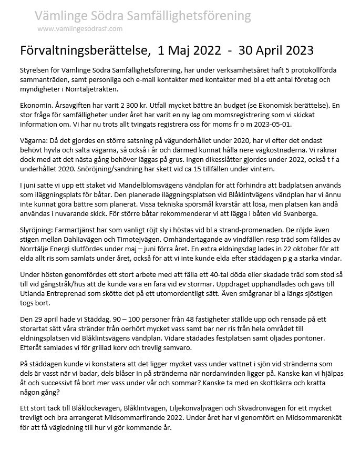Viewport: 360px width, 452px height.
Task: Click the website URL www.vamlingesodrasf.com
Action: [80, 28]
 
